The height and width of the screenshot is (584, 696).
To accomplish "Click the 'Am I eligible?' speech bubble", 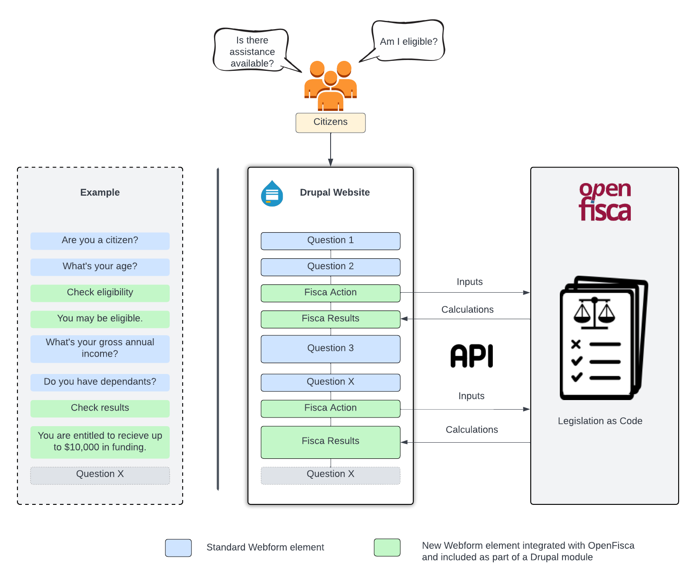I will click(408, 41).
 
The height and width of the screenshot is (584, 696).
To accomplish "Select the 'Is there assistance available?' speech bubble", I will click(251, 51).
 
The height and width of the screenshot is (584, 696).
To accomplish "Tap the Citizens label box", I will click(331, 123).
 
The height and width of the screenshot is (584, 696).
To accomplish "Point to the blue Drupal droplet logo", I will click(272, 194).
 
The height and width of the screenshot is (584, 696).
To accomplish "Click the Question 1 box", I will click(331, 241).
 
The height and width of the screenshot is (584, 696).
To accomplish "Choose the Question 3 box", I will click(331, 349).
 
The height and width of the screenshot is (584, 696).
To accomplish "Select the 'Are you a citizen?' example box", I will click(100, 241).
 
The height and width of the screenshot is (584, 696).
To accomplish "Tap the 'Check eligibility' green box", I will click(100, 293).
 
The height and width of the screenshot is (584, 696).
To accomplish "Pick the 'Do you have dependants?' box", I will click(100, 382).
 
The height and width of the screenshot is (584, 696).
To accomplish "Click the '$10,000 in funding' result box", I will click(100, 442).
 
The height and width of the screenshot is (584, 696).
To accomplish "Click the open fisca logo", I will click(605, 201).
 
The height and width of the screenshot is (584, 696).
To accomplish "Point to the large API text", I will click(472, 356).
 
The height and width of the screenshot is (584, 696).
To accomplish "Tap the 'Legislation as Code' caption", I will click(600, 421).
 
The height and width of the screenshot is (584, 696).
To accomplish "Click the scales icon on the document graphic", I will click(594, 312).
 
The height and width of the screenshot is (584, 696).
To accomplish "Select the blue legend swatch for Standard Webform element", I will click(178, 547).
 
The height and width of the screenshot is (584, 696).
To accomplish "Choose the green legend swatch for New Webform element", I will click(387, 547).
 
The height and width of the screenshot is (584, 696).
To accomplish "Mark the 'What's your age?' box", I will click(100, 267).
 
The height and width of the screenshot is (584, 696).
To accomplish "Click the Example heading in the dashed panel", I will click(100, 193).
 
